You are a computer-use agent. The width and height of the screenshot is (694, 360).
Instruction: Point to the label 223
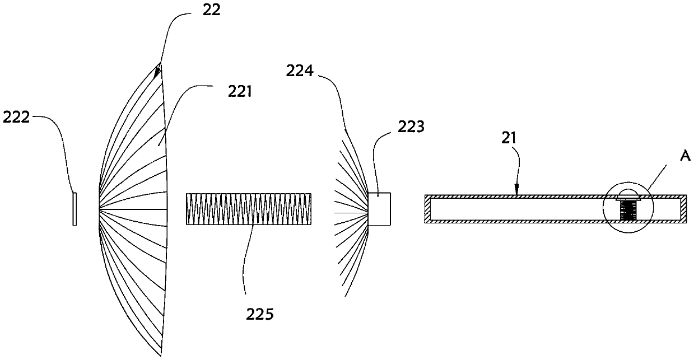[x=411, y=128]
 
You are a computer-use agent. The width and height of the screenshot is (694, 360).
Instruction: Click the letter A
[x=684, y=158]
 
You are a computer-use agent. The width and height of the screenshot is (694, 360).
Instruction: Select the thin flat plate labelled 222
[x=74, y=209]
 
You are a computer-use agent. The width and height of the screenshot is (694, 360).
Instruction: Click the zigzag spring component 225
[x=248, y=209]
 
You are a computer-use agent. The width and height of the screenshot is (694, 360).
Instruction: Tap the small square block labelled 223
[x=379, y=209]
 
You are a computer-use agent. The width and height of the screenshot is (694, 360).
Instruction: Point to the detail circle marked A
[x=628, y=209]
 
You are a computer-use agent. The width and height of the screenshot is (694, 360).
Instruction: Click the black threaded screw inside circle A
[x=627, y=212]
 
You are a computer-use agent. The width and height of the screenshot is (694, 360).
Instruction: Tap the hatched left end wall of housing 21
[x=427, y=209]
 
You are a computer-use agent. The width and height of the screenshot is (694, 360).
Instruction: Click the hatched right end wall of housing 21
[x=684, y=209]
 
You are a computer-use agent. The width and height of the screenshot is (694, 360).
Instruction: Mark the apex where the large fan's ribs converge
[x=100, y=209]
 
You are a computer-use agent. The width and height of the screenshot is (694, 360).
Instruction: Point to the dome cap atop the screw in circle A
[x=627, y=194]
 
